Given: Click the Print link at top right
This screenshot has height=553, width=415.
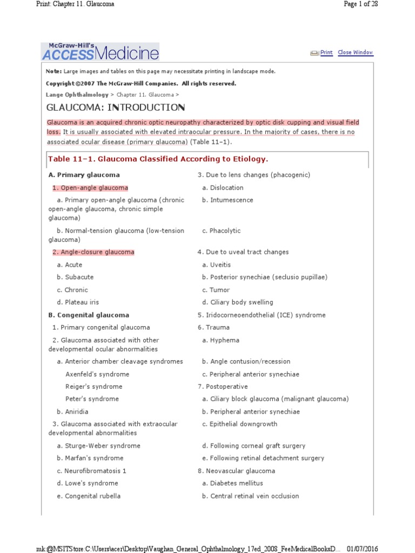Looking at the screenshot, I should (326, 52).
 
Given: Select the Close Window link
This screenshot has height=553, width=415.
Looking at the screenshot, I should (355, 52).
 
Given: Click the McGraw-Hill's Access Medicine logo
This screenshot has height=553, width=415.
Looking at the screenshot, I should (101, 52).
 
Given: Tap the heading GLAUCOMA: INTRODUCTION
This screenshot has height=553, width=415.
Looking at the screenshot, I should (116, 107).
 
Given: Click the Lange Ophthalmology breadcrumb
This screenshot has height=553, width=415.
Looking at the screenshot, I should (77, 95).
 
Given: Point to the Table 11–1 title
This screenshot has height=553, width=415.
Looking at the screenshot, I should (158, 159).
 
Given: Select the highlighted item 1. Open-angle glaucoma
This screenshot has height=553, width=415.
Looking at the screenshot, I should (90, 188).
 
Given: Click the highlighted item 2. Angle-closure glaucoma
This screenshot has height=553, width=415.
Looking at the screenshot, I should (93, 252).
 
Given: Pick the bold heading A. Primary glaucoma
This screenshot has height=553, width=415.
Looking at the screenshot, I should (84, 175).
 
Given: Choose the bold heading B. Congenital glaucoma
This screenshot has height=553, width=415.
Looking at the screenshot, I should (89, 315).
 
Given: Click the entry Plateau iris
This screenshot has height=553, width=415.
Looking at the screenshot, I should (82, 302).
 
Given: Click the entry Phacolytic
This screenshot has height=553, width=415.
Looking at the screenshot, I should (225, 231).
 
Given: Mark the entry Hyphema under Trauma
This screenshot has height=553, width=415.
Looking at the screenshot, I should (224, 340).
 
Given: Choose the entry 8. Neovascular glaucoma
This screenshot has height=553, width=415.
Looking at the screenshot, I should (236, 471).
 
